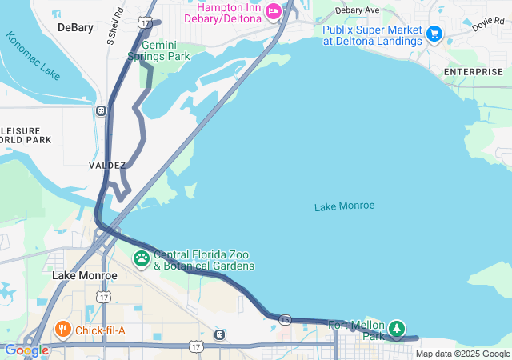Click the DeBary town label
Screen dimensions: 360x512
(75, 27)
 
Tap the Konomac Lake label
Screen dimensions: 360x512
(33, 55)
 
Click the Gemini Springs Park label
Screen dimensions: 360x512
(159, 51)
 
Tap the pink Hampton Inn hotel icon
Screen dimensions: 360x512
(274, 10)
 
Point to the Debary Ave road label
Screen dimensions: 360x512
(357, 10)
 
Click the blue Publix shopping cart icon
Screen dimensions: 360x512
(434, 33)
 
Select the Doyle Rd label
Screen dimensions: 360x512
(488, 24)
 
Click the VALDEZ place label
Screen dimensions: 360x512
(107, 166)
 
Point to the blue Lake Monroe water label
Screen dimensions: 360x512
(344, 206)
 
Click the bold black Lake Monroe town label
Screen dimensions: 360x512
(85, 275)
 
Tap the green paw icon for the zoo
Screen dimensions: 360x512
(142, 258)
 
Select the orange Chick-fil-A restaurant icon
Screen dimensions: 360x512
(63, 329)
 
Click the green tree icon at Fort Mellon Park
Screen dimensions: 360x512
(397, 328)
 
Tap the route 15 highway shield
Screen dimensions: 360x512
(286, 320)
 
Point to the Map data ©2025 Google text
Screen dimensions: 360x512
(462, 354)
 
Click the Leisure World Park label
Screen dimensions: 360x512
(26, 134)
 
